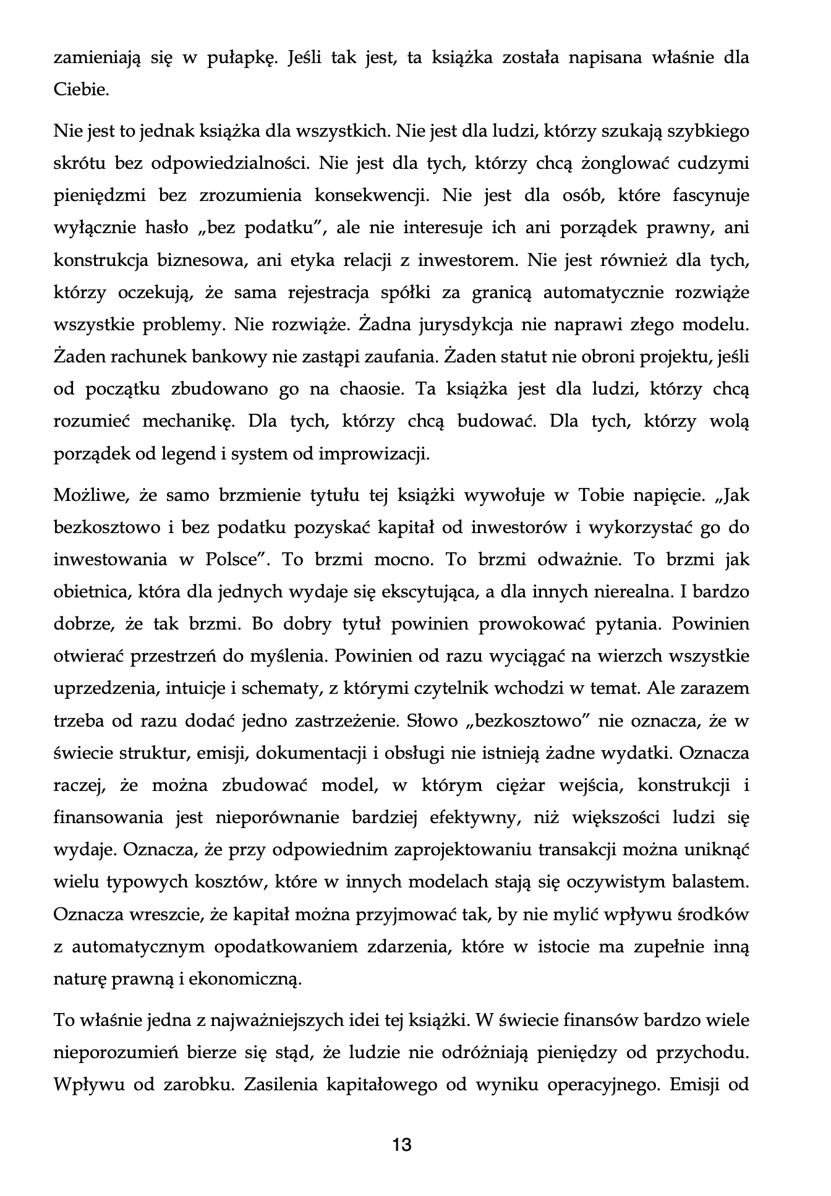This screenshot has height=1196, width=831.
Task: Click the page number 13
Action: point(402,1145)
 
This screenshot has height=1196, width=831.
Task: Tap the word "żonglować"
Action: point(625,164)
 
